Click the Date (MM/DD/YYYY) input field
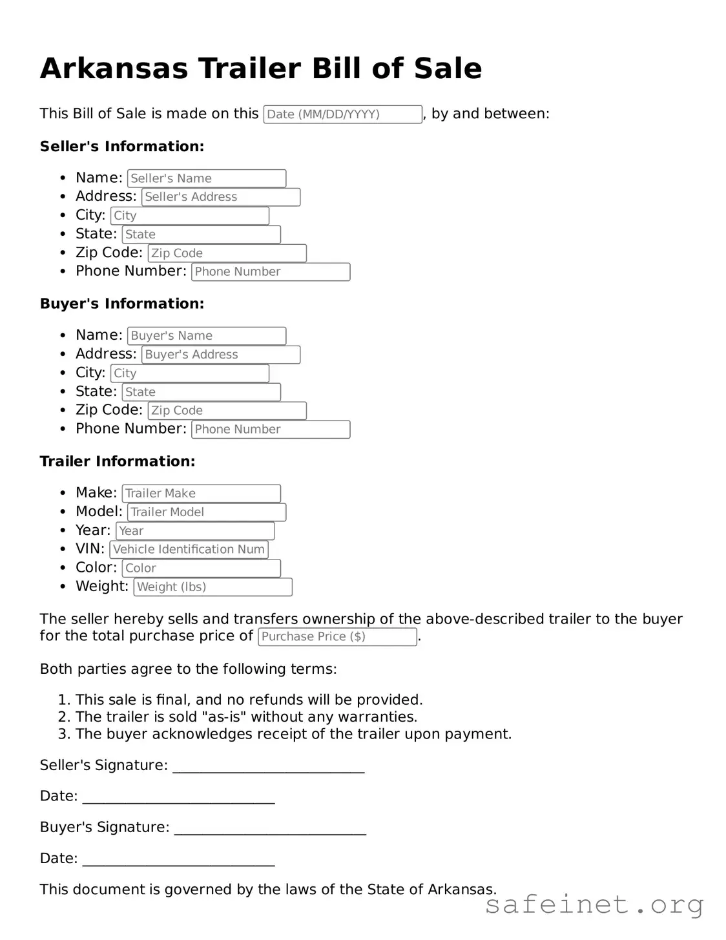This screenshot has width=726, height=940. (x=342, y=114)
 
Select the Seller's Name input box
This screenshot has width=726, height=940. (x=206, y=178)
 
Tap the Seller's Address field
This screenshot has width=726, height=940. (x=220, y=197)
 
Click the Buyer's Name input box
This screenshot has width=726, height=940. (x=206, y=336)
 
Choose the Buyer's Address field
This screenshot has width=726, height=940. (x=220, y=355)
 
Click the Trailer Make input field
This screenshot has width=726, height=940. (x=201, y=494)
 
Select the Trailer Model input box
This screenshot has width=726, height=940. (x=206, y=512)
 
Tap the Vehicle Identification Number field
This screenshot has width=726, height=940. (x=189, y=550)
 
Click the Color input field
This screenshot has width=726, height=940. (x=201, y=569)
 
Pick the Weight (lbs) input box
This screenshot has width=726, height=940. (x=213, y=587)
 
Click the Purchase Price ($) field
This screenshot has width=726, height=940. (x=337, y=637)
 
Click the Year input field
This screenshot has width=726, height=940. (x=195, y=531)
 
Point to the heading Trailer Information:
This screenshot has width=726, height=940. (x=117, y=461)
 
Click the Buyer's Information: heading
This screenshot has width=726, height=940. (x=121, y=304)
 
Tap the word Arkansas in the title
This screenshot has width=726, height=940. (x=114, y=68)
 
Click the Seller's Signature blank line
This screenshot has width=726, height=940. (x=268, y=766)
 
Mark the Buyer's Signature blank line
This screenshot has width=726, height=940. (x=270, y=828)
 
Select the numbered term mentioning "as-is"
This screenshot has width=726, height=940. (x=245, y=717)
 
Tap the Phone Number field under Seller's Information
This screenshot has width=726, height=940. (x=270, y=272)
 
